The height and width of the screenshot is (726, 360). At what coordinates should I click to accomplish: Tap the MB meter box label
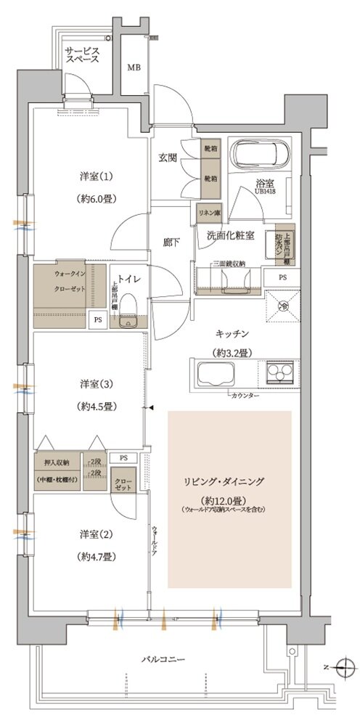pos(134,68)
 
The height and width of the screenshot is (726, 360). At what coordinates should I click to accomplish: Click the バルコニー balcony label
pos(164,659)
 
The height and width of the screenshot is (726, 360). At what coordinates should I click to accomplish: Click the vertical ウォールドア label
pos(155,540)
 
